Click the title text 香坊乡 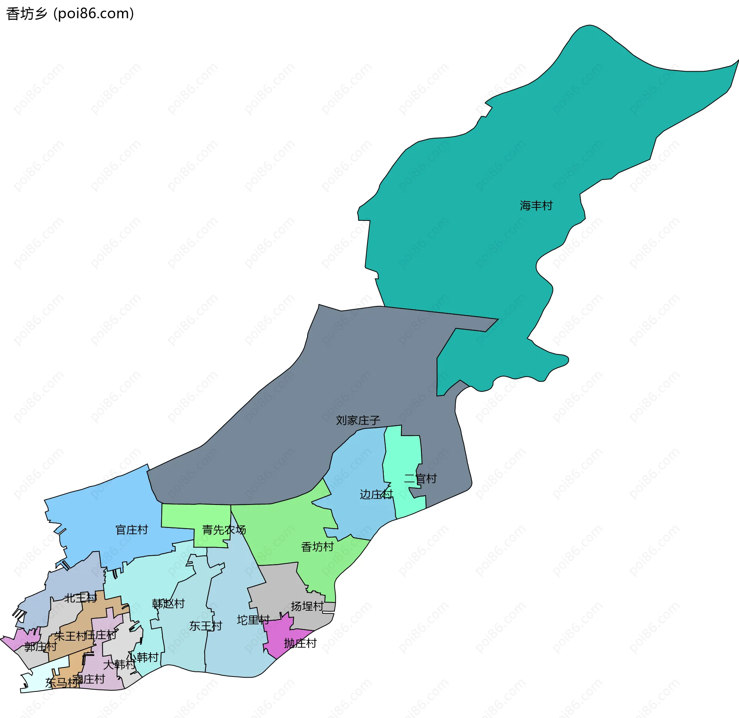[27, 14]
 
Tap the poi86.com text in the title [94, 14]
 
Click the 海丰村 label [536, 206]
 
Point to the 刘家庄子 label [358, 420]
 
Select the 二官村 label [420, 479]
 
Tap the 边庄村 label [376, 494]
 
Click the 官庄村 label [132, 530]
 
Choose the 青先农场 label [224, 530]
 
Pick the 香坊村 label [317, 547]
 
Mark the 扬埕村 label [307, 606]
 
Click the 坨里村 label [253, 620]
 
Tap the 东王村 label [206, 626]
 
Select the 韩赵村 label [168, 603]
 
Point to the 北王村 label [80, 598]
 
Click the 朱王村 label [70, 636]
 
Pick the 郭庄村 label [40, 646]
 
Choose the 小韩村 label [143, 657]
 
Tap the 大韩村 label [119, 665]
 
